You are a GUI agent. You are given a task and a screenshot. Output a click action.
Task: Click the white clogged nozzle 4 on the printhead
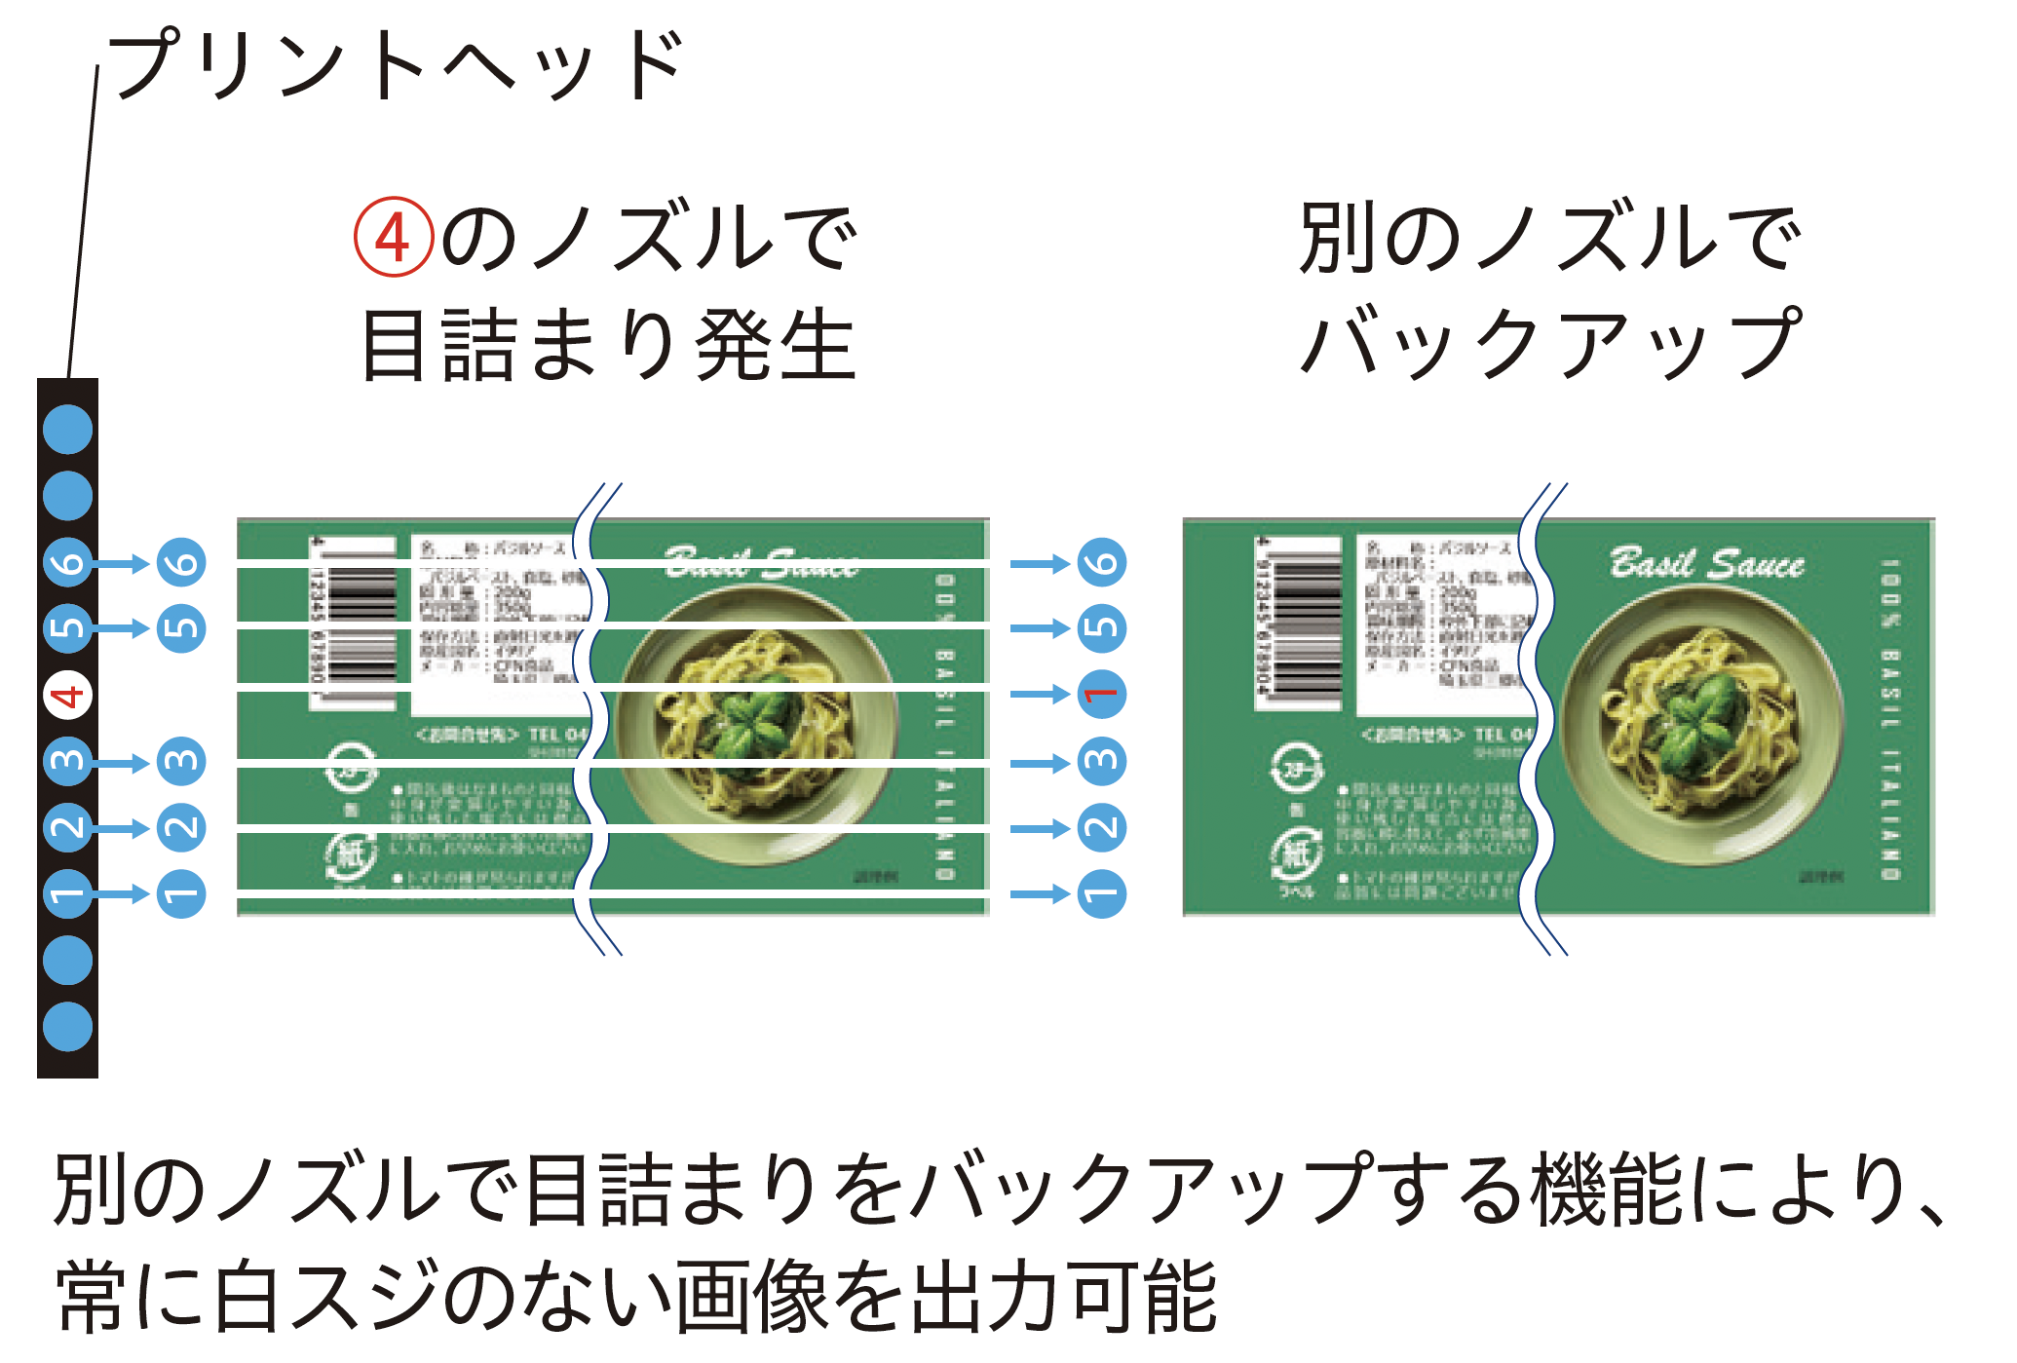click(x=68, y=696)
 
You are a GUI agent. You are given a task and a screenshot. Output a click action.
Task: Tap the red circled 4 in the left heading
click(x=393, y=237)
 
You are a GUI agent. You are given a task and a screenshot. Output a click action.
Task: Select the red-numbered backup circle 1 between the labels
click(x=1101, y=695)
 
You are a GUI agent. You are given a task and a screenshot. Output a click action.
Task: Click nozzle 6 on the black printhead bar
click(x=68, y=562)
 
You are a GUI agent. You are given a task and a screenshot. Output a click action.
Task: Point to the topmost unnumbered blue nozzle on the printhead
click(x=68, y=429)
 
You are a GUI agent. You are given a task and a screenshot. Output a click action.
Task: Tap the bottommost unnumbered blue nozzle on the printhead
click(x=68, y=1026)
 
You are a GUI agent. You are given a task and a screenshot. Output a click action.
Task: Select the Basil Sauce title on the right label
click(x=1706, y=564)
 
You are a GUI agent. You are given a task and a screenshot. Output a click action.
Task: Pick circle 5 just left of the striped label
click(x=182, y=628)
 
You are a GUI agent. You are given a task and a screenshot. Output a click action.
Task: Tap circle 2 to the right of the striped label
click(x=1101, y=828)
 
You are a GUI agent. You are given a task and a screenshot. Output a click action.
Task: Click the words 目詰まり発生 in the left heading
click(x=609, y=345)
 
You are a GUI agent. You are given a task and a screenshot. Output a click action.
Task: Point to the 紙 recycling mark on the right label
click(x=1296, y=854)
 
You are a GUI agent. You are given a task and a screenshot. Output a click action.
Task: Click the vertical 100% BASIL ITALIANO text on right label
click(x=1889, y=721)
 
